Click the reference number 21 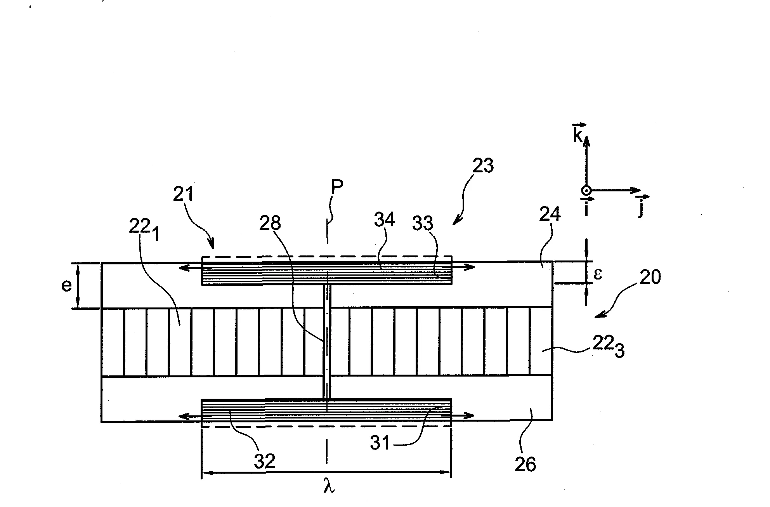pyautogui.click(x=183, y=194)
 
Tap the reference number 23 pyautogui.click(x=483, y=165)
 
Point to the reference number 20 pyautogui.click(x=650, y=278)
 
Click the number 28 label pyautogui.click(x=271, y=223)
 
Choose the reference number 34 pyautogui.click(x=385, y=220)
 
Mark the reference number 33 pyautogui.click(x=423, y=223)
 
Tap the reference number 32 pyautogui.click(x=265, y=461)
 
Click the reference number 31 pyautogui.click(x=380, y=443)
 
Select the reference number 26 pyautogui.click(x=525, y=464)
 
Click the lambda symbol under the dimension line pyautogui.click(x=329, y=486)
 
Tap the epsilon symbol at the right pyautogui.click(x=598, y=274)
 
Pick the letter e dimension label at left pyautogui.click(x=66, y=286)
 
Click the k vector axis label pyautogui.click(x=579, y=133)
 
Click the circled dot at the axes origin pyautogui.click(x=586, y=190)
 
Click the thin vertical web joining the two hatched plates pyautogui.click(x=327, y=342)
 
